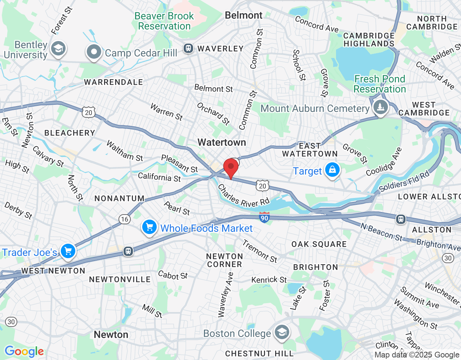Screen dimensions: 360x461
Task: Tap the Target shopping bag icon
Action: coord(332,170)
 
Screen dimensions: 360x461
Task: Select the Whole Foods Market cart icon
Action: coord(149,227)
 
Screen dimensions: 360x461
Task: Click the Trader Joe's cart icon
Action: coord(68,251)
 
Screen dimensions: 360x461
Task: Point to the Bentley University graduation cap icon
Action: coord(58,49)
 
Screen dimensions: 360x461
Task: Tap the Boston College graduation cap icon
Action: coord(282,333)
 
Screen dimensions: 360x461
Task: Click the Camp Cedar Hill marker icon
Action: coord(94,52)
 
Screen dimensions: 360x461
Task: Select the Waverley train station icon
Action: coord(188,48)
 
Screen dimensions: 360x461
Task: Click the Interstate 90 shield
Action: coord(264,217)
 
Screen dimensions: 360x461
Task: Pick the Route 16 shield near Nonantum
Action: coord(125,219)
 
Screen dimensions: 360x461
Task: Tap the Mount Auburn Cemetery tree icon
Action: coord(380,107)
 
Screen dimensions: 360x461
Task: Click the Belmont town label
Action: coord(243,15)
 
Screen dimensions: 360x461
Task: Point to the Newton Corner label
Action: coord(224,260)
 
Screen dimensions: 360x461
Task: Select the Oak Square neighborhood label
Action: coord(319,244)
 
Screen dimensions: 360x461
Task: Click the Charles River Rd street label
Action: coord(243,196)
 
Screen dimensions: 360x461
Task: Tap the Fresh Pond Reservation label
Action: coord(380,84)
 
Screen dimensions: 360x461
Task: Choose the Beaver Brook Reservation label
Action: coord(164,21)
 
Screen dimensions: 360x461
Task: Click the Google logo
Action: coord(24,351)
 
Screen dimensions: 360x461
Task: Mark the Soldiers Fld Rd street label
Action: coord(404,181)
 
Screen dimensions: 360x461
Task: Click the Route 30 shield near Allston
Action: coord(448,258)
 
